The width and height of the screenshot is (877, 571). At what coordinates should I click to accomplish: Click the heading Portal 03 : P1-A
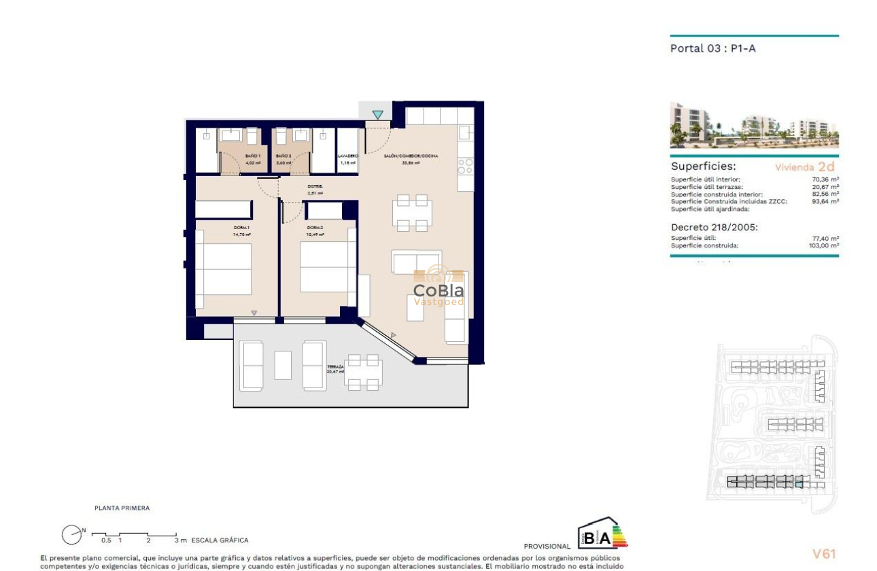pyautogui.click(x=712, y=48)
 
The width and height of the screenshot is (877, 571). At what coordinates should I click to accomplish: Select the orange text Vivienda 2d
pyautogui.click(x=804, y=167)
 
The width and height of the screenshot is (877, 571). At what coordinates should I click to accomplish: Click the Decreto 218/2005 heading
pyautogui.click(x=714, y=227)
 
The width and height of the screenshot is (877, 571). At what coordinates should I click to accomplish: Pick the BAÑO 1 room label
pyautogui.click(x=253, y=156)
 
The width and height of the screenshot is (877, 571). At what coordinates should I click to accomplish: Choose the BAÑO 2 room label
pyautogui.click(x=283, y=156)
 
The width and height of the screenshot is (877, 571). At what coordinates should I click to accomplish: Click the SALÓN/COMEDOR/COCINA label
pyautogui.click(x=411, y=156)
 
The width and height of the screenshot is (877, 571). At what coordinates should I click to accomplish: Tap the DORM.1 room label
pyautogui.click(x=241, y=228)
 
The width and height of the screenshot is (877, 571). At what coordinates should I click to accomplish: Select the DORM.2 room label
pyautogui.click(x=314, y=228)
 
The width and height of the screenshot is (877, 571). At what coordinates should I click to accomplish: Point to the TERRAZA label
pyautogui.click(x=334, y=366)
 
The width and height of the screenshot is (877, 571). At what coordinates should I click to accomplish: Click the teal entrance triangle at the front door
pyautogui.click(x=377, y=115)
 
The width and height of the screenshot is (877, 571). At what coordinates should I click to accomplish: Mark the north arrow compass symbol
pyautogui.click(x=72, y=535)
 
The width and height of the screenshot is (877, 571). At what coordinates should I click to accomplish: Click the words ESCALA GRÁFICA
pyautogui.click(x=220, y=540)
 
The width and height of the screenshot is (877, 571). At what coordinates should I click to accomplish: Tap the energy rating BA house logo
pyautogui.click(x=602, y=535)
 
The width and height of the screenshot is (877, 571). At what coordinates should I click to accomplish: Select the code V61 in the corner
pyautogui.click(x=824, y=554)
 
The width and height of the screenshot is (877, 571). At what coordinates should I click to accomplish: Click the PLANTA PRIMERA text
pyautogui.click(x=122, y=508)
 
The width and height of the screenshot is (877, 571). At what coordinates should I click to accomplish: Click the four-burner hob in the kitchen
pyautogui.click(x=466, y=165)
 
